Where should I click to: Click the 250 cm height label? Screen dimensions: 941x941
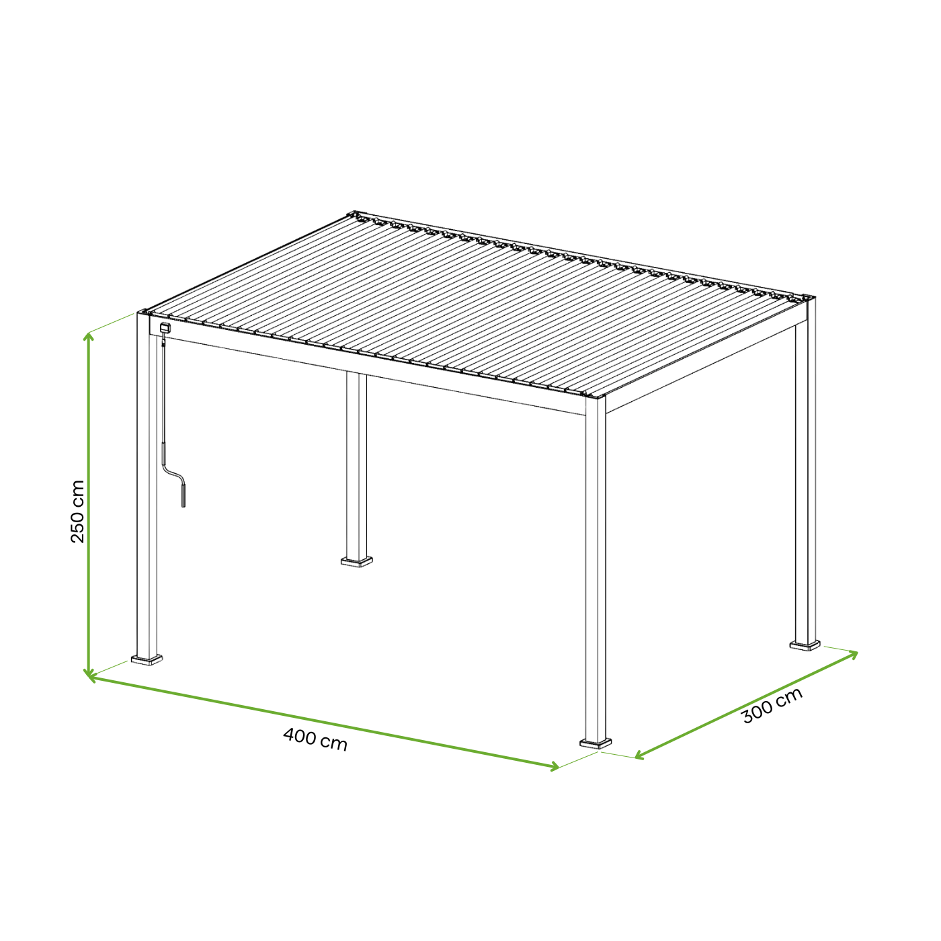[78, 512]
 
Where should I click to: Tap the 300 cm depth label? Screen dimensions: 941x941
[772, 706]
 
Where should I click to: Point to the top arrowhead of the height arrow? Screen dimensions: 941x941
[88, 335]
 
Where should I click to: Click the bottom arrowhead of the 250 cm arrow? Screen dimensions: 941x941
[88, 674]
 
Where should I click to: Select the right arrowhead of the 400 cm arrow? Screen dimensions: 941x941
[555, 766]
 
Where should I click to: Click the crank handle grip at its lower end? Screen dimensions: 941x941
[183, 495]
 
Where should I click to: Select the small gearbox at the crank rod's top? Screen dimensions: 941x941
[165, 329]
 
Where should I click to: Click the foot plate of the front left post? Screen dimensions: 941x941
[147, 660]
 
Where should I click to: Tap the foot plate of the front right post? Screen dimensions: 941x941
[596, 743]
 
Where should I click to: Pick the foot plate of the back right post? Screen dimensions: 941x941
[805, 645]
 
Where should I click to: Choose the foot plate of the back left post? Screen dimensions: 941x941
[357, 561]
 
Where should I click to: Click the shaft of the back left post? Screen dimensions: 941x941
[357, 464]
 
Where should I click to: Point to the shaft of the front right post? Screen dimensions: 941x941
[596, 571]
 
